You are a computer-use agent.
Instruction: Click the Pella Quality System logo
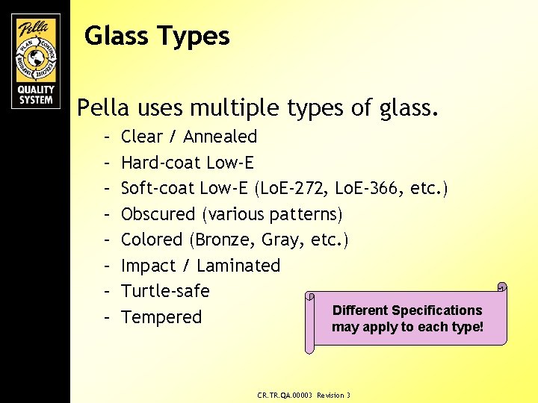tap(36, 61)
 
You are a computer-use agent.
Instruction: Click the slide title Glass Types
tap(157, 36)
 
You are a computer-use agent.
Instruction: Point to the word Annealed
tap(220, 137)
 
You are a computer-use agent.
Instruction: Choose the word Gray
tap(287, 240)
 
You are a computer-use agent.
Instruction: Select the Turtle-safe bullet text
tap(165, 291)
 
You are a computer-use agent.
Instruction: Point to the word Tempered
tap(161, 317)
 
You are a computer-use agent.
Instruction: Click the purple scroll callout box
tap(407, 317)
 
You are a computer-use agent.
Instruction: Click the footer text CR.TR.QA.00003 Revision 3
tap(303, 395)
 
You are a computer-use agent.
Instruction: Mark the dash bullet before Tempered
tap(108, 317)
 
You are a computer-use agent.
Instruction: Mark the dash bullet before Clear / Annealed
tap(108, 137)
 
